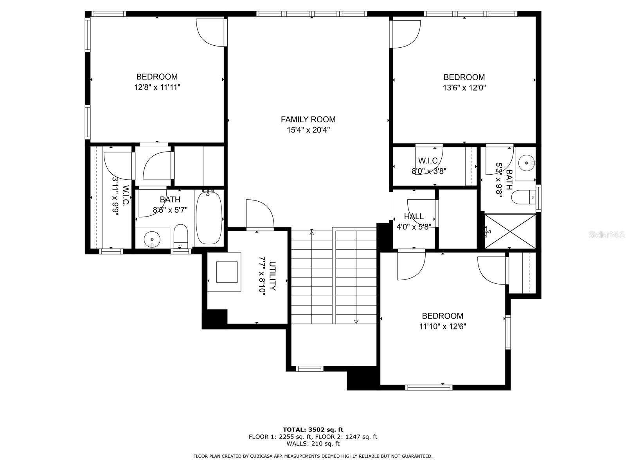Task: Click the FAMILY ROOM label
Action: pos(308,120)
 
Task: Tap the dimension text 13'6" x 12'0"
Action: pos(464,88)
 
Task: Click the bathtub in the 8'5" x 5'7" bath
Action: pos(209,218)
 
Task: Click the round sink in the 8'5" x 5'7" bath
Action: pos(152,239)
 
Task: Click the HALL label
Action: pos(414,217)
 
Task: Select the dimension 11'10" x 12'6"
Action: pos(443,326)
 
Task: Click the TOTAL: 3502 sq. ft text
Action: pos(313,430)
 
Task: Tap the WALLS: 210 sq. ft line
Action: pos(313,444)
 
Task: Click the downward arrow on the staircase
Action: pos(356,321)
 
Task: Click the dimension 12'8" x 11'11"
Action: pos(157,88)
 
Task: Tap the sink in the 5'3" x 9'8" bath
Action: pos(526,163)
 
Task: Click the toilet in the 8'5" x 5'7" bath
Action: pos(181,236)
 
